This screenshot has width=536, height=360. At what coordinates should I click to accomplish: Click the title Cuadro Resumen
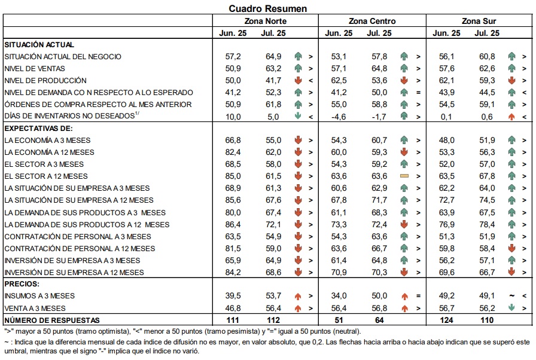[x=267, y=8]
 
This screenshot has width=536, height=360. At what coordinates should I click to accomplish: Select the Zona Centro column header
[x=372, y=21]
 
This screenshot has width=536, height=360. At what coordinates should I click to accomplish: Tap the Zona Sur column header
[x=479, y=21]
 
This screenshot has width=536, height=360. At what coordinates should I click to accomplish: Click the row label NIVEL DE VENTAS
[x=35, y=69]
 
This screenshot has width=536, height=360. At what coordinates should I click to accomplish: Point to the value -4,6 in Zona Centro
[x=338, y=117]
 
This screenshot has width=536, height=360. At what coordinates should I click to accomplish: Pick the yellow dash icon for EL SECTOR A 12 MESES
[x=404, y=176]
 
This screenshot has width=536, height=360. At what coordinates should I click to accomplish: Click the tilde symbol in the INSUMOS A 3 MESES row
[x=511, y=296]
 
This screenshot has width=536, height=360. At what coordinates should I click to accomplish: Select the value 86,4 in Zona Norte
[x=233, y=224]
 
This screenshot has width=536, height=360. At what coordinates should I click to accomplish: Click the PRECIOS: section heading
[x=22, y=284]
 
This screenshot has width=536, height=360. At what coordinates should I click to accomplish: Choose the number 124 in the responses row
[x=446, y=320]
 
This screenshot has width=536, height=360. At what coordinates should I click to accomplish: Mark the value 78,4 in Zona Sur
[x=487, y=224]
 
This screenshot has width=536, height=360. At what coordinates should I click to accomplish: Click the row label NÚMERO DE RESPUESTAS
[x=52, y=321]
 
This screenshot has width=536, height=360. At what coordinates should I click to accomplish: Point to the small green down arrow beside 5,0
[x=298, y=116]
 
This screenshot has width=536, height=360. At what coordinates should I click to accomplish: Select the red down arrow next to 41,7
[x=298, y=81]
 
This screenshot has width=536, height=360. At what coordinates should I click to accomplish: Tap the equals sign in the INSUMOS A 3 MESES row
[x=418, y=296]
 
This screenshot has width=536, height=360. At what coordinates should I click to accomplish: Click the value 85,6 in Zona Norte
[x=233, y=200]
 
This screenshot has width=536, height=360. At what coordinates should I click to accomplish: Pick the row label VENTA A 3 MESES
[x=35, y=308]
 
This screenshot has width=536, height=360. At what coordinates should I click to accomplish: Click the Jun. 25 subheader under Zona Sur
[x=446, y=33]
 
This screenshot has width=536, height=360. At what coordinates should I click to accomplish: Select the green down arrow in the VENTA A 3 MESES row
[x=511, y=307]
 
